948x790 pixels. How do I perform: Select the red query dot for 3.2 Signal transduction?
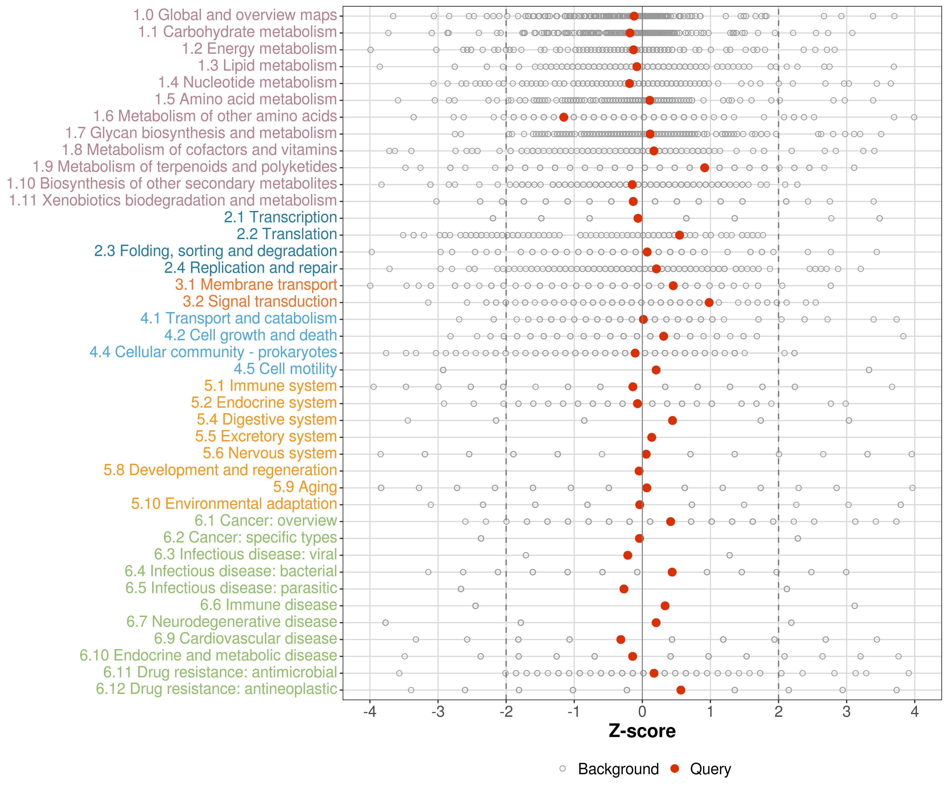click(x=709, y=303)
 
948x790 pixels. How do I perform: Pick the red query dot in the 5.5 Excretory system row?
click(x=651, y=437)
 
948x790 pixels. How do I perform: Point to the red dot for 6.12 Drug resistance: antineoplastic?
click(x=681, y=690)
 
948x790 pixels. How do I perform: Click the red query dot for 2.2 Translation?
click(x=679, y=235)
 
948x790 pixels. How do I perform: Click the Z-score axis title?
click(x=642, y=731)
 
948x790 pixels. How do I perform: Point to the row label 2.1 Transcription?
click(x=280, y=217)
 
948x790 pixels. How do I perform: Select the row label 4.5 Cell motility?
click(x=285, y=369)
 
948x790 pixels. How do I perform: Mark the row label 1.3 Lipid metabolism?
click(x=267, y=66)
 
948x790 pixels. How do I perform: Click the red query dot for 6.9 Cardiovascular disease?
click(x=621, y=639)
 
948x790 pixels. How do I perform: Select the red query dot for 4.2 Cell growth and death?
click(x=663, y=336)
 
